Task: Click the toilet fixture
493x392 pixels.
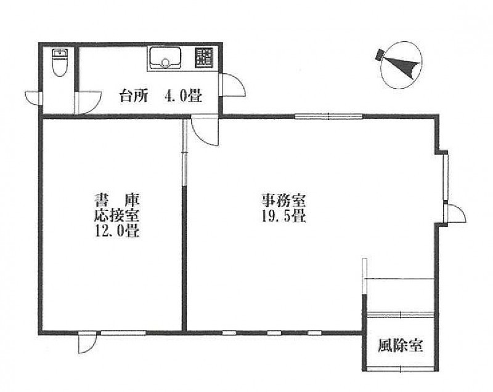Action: pos(60,62)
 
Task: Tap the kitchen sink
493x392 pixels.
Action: pos(164,58)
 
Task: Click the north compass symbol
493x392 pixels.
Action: pos(401,65)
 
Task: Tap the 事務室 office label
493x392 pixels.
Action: pos(284,201)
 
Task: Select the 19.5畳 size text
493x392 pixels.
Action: pos(284,216)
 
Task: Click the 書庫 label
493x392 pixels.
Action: pos(118,200)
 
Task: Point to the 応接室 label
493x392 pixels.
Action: pos(117,215)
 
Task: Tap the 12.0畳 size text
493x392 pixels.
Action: pos(117,231)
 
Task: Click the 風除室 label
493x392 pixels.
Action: pos(400,346)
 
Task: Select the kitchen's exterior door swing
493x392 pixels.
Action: pos(234,85)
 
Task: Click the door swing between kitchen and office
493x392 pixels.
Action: pos(205,131)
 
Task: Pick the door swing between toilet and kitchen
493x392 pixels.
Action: pos(88,103)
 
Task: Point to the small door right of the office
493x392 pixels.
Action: pos(455,213)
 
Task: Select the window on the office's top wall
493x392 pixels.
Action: pos(328,117)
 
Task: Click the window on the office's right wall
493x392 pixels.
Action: pos(446,177)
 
